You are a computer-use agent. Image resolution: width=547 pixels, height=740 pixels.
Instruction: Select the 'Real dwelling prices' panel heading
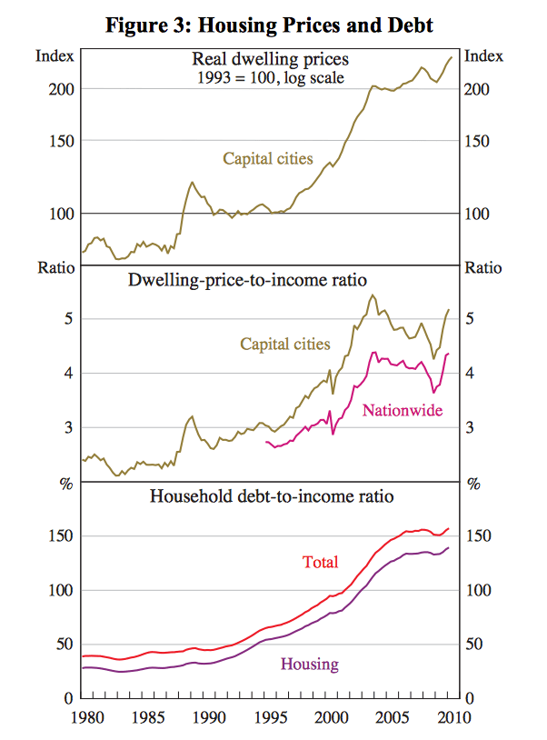click(x=270, y=60)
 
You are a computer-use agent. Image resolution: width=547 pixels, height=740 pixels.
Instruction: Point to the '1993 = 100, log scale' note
click(x=270, y=77)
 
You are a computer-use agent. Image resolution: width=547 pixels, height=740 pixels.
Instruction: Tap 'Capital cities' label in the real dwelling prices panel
click(x=268, y=159)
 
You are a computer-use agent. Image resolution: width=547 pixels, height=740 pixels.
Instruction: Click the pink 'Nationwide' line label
click(x=403, y=411)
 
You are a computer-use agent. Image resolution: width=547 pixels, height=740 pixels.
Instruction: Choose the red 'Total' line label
click(x=320, y=563)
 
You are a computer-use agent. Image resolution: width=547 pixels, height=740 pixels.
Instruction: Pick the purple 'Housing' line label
click(x=309, y=664)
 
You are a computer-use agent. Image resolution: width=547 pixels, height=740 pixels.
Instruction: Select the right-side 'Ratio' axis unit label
click(x=482, y=267)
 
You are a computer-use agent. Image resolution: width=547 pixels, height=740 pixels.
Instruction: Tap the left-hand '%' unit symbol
click(x=65, y=484)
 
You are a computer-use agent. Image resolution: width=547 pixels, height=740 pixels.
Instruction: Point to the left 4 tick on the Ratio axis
click(x=67, y=373)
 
